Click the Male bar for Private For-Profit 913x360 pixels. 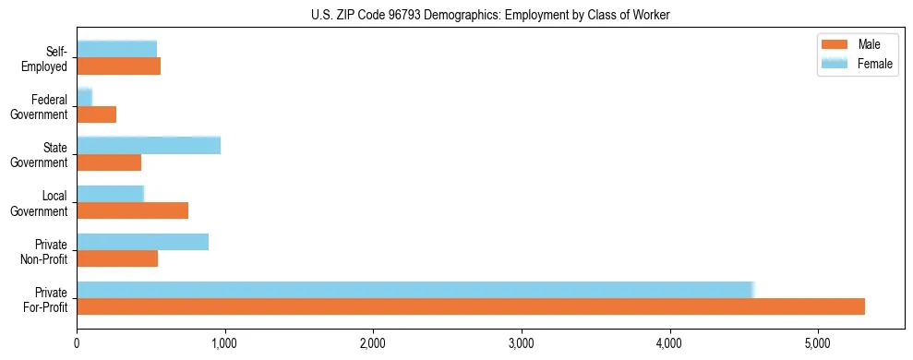click(x=471, y=306)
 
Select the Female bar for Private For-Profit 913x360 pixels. click(x=415, y=290)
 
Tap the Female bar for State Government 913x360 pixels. click(x=149, y=145)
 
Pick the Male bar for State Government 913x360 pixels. click(x=109, y=162)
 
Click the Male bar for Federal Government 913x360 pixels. click(x=97, y=114)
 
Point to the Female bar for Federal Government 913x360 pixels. click(x=85, y=97)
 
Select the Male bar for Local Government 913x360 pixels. click(x=133, y=210)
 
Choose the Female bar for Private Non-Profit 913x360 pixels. click(x=143, y=242)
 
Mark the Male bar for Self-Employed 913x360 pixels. click(x=119, y=66)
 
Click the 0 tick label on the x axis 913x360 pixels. click(x=78, y=344)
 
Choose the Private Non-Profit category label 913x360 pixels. click(x=45, y=251)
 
